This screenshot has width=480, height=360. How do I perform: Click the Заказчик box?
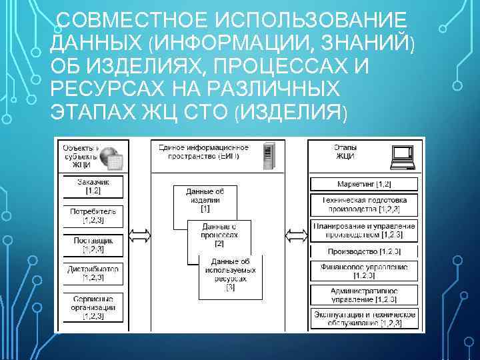(x=93, y=186)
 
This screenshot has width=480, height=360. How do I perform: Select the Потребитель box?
(x=93, y=215)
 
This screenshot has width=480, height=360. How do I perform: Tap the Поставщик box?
(x=93, y=245)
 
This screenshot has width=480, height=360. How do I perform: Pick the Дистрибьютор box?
(x=93, y=273)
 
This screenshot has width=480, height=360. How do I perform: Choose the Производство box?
(x=364, y=252)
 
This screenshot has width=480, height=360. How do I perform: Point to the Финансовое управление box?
(x=364, y=271)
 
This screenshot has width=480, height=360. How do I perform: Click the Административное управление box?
(x=364, y=295)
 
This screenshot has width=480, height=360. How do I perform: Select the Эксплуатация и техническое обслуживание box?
(x=364, y=318)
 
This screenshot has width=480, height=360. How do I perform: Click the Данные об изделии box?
(x=205, y=198)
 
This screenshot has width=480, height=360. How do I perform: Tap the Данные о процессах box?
(x=219, y=233)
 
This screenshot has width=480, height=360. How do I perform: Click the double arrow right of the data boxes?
(x=295, y=235)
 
